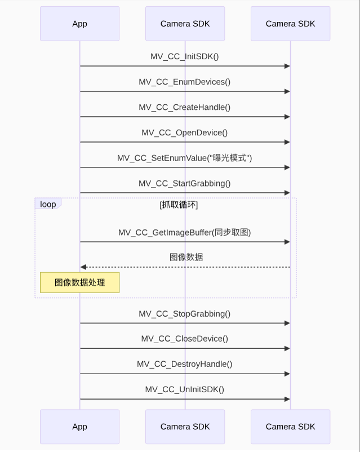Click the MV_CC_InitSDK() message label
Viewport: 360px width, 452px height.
[185, 56]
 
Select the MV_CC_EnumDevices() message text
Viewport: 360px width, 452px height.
[185, 82]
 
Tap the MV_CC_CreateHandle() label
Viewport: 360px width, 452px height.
[185, 107]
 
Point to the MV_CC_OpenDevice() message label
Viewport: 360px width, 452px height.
[185, 132]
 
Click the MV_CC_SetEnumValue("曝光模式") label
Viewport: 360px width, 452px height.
[185, 158]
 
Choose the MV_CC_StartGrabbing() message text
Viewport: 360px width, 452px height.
[185, 183]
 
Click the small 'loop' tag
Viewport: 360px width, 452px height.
[48, 204]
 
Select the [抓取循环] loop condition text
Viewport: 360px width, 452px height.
[179, 205]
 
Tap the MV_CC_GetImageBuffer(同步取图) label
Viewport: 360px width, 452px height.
[185, 232]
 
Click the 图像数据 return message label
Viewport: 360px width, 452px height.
[186, 257]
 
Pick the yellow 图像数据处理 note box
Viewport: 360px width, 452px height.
[79, 282]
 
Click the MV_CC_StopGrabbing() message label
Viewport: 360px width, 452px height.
[185, 313]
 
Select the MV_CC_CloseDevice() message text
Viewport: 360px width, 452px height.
[185, 339]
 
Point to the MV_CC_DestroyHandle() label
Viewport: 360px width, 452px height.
[185, 364]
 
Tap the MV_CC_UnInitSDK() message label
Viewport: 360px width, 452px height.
[185, 389]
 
